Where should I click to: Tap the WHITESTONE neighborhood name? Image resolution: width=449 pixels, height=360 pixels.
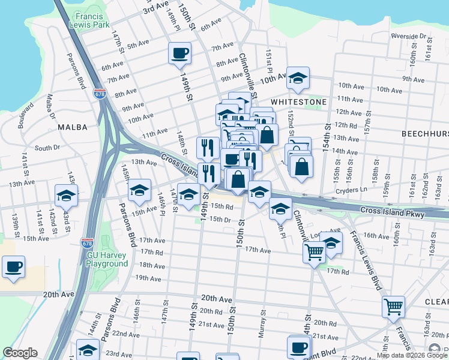[x=298, y=102]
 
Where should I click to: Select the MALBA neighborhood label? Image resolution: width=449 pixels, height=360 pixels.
[x=73, y=127]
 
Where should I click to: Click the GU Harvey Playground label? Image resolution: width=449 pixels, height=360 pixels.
[x=107, y=259]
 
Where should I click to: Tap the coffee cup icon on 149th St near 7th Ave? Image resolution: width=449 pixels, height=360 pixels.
[x=179, y=53]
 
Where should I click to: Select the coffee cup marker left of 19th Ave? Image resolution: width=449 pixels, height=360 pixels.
[x=13, y=266]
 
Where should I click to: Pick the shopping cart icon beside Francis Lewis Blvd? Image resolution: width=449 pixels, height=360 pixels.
[x=393, y=307]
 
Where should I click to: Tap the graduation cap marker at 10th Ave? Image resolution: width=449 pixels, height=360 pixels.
[x=298, y=77]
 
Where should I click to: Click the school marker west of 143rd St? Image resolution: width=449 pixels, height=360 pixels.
[x=66, y=195]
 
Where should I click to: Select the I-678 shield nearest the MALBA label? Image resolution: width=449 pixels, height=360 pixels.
[x=100, y=94]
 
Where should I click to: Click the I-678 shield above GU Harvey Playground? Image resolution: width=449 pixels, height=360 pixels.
[x=87, y=243]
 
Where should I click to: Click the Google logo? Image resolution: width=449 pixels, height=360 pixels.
[x=20, y=353]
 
